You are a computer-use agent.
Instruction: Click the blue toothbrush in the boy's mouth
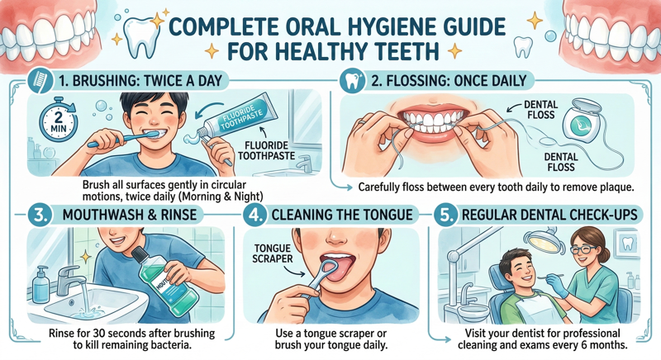coord(122,139)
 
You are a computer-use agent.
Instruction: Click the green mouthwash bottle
coord(164,282)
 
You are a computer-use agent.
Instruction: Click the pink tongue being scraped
coord(337,268)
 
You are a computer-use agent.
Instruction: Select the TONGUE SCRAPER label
coord(273,253)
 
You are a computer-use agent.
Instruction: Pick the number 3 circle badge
coord(40,215)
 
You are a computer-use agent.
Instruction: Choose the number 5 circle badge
coord(446,215)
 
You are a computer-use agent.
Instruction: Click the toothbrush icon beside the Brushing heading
coord(40,81)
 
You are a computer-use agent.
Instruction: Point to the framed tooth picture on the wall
coord(628,244)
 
